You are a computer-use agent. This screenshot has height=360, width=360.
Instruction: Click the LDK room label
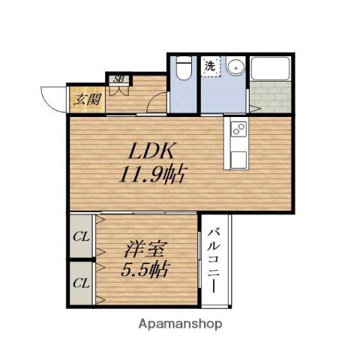pos(152,148)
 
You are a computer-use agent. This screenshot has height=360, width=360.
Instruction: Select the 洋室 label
pos(144,246)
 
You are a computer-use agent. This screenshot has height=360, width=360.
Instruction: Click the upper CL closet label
pos(81,237)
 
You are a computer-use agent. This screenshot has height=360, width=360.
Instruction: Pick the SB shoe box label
pos(118,79)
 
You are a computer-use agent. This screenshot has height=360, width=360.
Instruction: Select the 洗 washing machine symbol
pos(211,66)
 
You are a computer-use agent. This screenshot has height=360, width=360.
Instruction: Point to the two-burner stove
pos(238,130)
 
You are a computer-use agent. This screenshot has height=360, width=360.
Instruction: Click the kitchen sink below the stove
pos(238,156)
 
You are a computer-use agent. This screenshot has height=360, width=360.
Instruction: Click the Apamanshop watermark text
pos(179,325)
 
